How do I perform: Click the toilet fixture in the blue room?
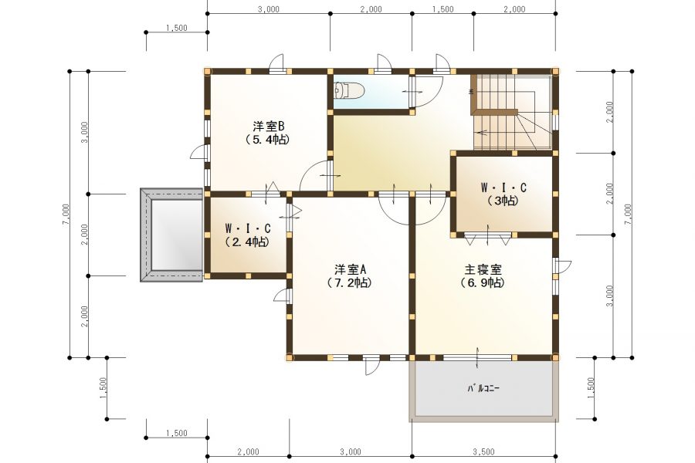pos(348,92)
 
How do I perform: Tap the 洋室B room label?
pos(269,126)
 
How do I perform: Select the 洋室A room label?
pos(349,269)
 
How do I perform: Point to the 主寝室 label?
pos(483,269)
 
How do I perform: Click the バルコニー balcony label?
pos(483,388)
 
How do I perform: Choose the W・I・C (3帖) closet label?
pos(503,188)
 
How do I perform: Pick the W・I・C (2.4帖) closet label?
pos(247,228)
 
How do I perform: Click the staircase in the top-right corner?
pos(511,112)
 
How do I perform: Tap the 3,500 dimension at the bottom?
pos(483,451)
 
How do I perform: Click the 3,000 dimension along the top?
pos(269,10)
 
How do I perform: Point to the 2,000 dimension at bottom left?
pos(248,451)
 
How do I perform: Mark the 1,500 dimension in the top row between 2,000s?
pos(442,10)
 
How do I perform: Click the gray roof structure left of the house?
pos(171,235)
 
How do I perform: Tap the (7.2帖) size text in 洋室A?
pos(349,283)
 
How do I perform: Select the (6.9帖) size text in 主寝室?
pos(483,283)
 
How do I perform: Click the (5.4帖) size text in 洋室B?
pos(269,140)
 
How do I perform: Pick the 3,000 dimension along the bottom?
pos(350,451)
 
